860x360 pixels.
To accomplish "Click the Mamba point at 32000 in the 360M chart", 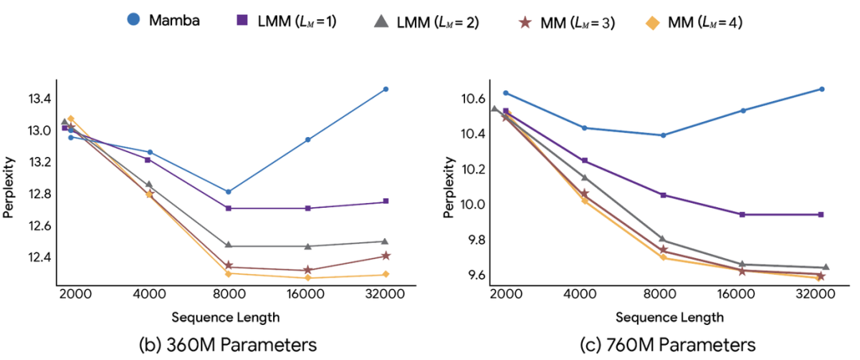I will click(x=385, y=89).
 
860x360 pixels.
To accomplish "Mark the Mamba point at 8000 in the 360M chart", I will click(x=229, y=192).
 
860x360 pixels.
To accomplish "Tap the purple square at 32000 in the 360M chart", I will click(x=385, y=202).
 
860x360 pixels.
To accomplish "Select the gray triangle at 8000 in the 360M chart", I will click(x=229, y=245).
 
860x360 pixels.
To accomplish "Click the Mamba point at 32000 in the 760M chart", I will click(x=822, y=89).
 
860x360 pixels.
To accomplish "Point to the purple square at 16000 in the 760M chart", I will click(x=742, y=214).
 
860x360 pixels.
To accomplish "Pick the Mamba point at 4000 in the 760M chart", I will click(x=585, y=128).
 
